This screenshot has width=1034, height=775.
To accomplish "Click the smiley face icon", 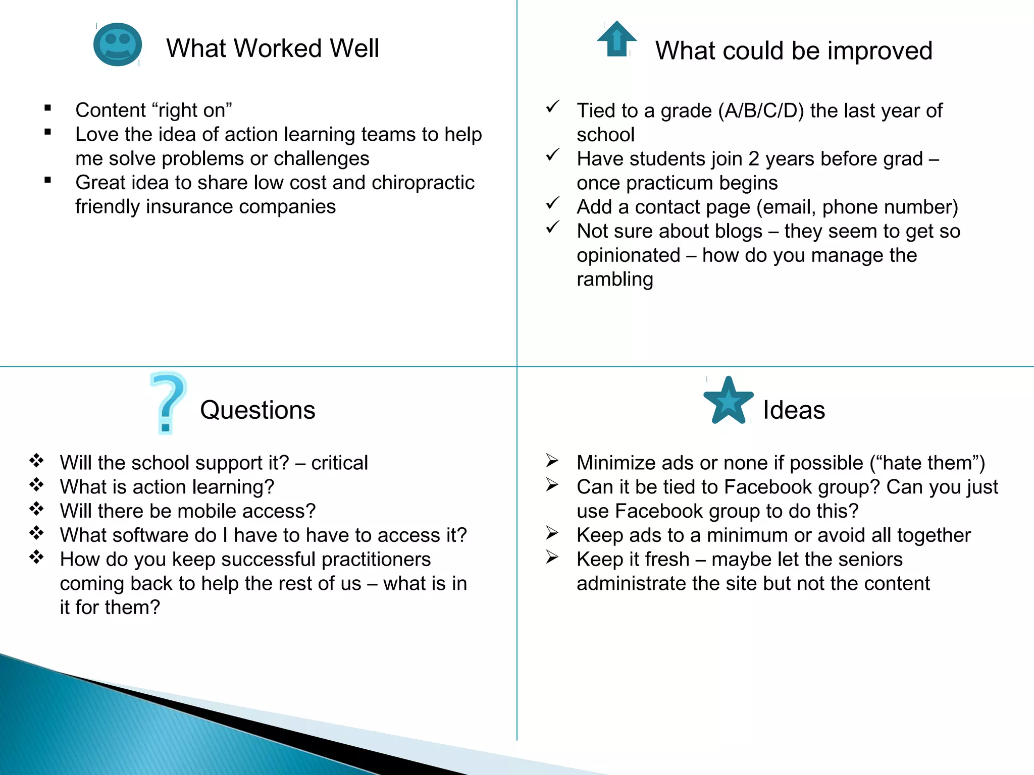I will pyautogui.click(x=117, y=44).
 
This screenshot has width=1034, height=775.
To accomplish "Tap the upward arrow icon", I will pyautogui.click(x=616, y=39).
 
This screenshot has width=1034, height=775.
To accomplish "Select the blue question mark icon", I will pyautogui.click(x=168, y=403).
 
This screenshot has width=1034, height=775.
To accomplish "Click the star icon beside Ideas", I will pyautogui.click(x=728, y=401).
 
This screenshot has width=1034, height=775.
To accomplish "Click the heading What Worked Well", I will pyautogui.click(x=273, y=48).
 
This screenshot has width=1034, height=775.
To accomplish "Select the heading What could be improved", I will pyautogui.click(x=794, y=50).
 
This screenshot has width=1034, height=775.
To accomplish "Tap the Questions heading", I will pyautogui.click(x=257, y=410).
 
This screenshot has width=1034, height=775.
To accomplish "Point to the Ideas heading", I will pyautogui.click(x=794, y=410).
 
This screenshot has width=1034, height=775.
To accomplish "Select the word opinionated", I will pyautogui.click(x=628, y=255).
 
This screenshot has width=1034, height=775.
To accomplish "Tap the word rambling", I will pyautogui.click(x=614, y=279).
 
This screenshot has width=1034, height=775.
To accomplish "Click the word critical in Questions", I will pyautogui.click(x=339, y=463).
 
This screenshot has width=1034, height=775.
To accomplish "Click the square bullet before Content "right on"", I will pyautogui.click(x=48, y=107).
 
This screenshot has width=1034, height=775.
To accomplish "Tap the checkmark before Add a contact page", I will pyautogui.click(x=553, y=203).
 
